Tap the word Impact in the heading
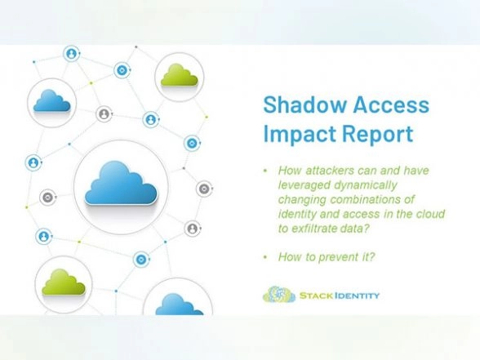[298, 132]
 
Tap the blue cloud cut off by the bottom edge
[178, 305]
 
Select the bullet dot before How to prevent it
[264, 256]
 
